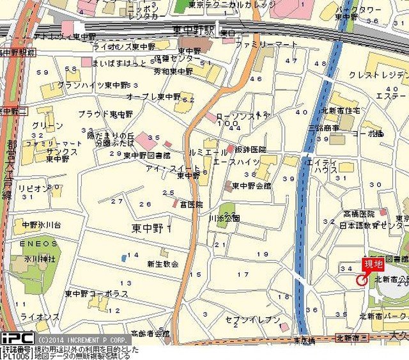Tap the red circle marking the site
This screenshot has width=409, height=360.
[x=361, y=279]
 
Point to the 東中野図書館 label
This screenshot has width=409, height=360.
[x=146, y=155]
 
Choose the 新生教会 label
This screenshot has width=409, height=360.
[x=162, y=263]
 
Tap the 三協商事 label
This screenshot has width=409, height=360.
[x=324, y=128]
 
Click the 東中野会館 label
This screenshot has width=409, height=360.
[x=251, y=185]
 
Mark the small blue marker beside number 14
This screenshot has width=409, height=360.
[x=123, y=258]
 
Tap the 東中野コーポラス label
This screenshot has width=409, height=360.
[x=96, y=293]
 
